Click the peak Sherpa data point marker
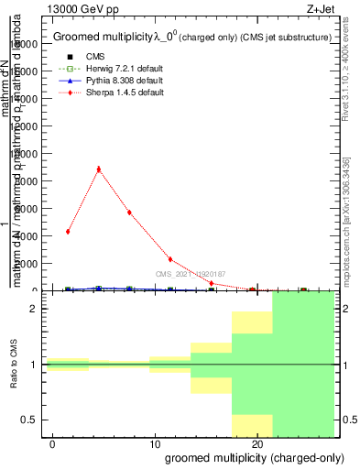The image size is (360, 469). pos(98,169)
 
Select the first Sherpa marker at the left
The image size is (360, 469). pos(68,231)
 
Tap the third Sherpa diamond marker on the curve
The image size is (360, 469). pos(129,213)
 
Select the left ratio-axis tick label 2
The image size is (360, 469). pos(33,309)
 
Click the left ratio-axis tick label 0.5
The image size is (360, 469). pos(30,420)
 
